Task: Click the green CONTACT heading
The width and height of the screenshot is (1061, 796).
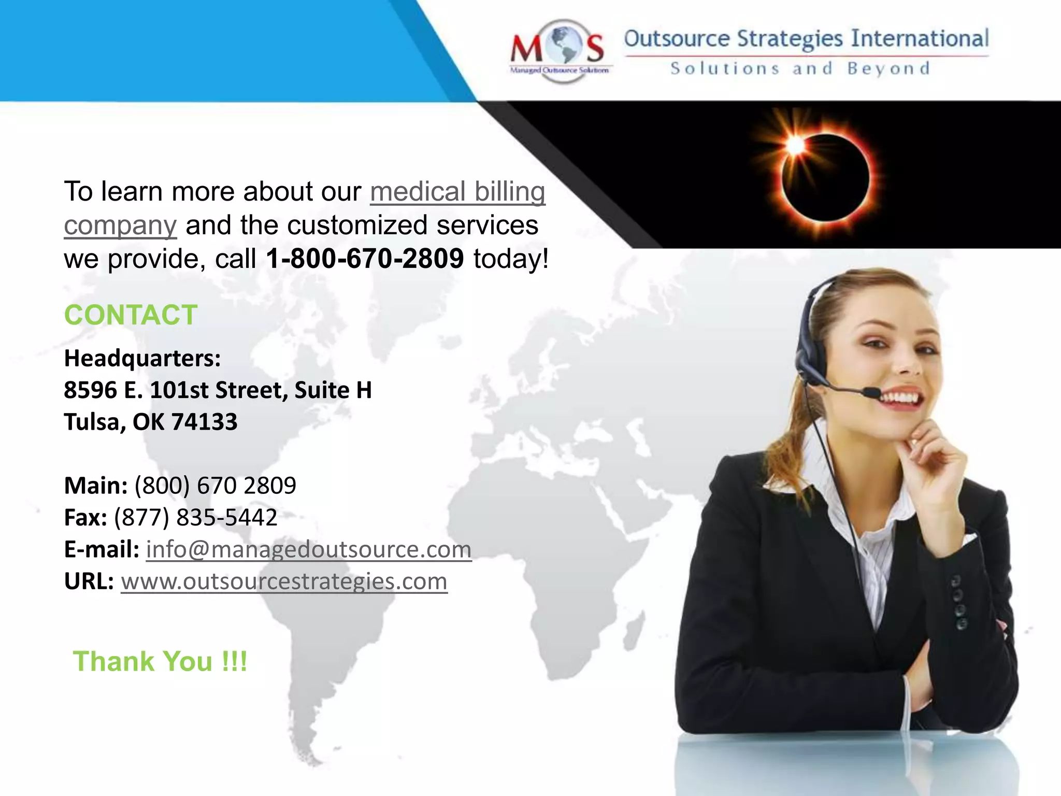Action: pyautogui.click(x=131, y=315)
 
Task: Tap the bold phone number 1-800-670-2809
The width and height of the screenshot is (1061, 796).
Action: pyautogui.click(x=365, y=259)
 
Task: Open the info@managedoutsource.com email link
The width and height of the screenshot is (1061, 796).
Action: pyautogui.click(x=309, y=549)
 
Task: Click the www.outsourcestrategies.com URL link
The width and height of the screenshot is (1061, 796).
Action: pyautogui.click(x=284, y=581)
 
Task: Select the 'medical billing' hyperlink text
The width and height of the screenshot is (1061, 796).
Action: pyautogui.click(x=457, y=192)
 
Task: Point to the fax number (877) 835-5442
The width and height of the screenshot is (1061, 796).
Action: pyautogui.click(x=196, y=517)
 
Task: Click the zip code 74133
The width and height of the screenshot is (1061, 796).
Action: pyautogui.click(x=204, y=422)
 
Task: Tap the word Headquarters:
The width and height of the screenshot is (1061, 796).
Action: pyautogui.click(x=142, y=358)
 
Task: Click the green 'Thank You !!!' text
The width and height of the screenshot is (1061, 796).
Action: pyautogui.click(x=160, y=661)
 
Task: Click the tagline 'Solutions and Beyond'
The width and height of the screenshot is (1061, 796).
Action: pyautogui.click(x=800, y=69)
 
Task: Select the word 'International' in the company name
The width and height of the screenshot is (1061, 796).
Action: pyautogui.click(x=920, y=39)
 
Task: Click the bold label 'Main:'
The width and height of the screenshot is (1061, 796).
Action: pyautogui.click(x=96, y=486)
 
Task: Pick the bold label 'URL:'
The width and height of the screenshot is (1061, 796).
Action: pyautogui.click(x=89, y=581)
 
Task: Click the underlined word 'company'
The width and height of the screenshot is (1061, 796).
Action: pyautogui.click(x=120, y=225)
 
